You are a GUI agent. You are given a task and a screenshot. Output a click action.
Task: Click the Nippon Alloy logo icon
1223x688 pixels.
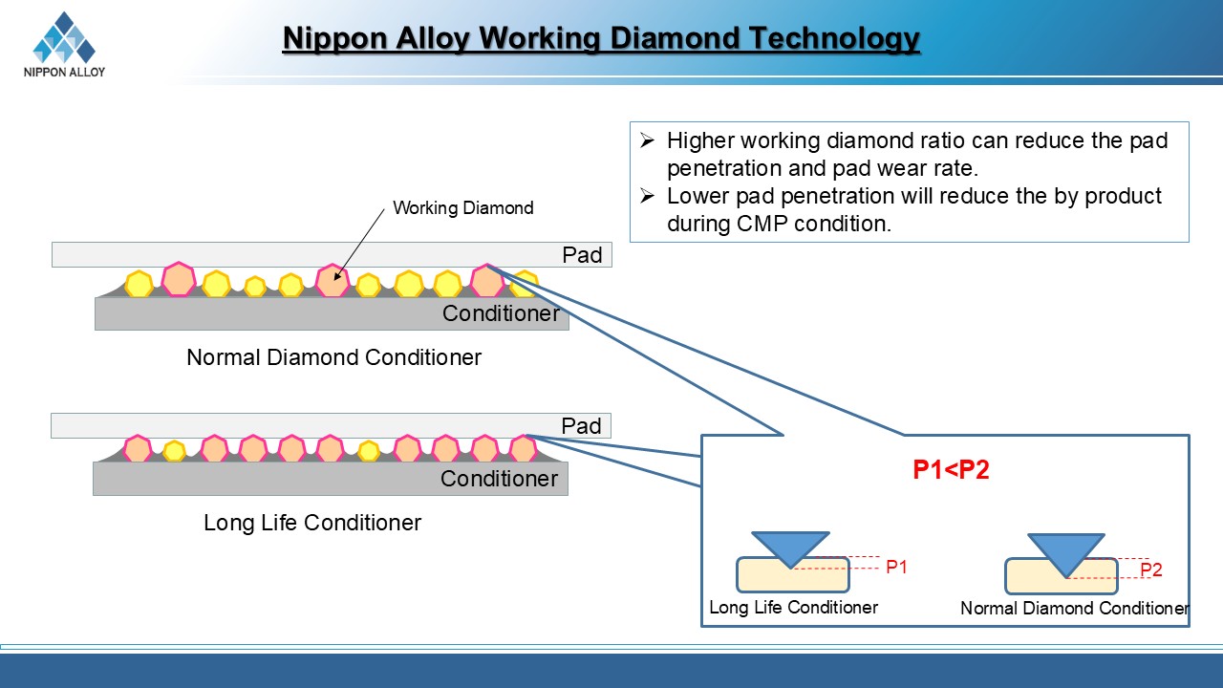64,38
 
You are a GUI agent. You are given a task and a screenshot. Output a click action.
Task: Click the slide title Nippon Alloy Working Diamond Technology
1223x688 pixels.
601,39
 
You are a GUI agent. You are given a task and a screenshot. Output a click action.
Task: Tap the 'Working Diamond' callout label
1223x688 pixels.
463,207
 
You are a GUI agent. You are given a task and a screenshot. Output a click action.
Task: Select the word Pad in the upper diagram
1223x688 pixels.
582,255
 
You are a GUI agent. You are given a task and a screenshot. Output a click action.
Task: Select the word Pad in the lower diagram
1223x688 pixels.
581,426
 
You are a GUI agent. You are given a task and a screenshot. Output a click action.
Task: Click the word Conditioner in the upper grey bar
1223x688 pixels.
501,313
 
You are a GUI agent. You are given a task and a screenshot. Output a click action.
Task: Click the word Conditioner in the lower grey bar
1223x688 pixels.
499,479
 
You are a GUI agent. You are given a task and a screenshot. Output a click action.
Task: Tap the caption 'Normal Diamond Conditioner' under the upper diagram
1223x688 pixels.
333,357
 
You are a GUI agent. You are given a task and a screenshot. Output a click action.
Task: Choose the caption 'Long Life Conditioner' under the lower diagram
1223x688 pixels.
312,523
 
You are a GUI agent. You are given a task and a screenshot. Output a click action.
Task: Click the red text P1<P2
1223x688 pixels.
951,470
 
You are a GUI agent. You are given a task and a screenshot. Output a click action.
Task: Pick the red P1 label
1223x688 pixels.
896,568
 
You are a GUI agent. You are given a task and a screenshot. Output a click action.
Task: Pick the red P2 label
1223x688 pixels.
1151,570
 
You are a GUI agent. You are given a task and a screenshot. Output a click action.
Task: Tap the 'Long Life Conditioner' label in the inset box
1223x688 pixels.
793,607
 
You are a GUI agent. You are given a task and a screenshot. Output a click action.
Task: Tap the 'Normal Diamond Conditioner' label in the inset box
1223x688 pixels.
1074,608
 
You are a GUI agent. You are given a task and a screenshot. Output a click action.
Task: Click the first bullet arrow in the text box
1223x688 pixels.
647,141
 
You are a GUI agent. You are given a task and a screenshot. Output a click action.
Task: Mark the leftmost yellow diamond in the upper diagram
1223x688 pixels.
139,284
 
